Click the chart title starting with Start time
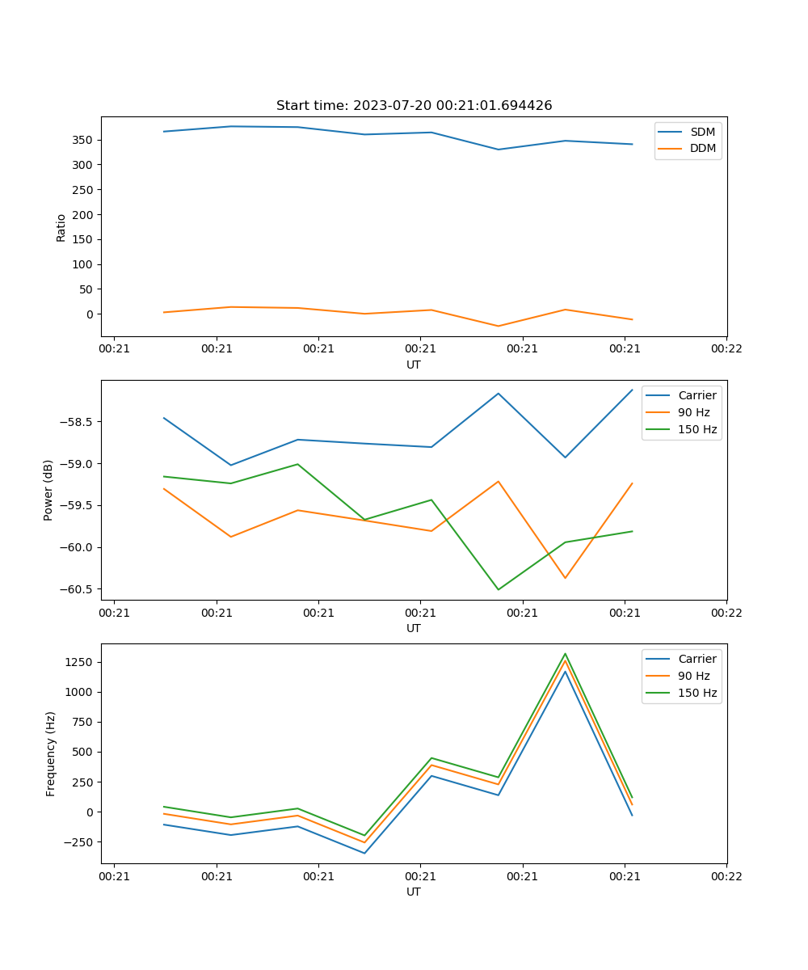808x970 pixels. (414, 106)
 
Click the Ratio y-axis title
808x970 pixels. (61, 227)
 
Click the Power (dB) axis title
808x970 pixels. (48, 490)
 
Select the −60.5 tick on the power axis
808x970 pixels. (77, 589)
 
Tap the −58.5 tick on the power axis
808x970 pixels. (77, 422)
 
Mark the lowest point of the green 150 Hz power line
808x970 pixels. (498, 589)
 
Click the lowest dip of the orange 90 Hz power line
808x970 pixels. (565, 578)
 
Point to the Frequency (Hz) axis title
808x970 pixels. (51, 753)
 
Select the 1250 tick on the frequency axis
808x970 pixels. (81, 662)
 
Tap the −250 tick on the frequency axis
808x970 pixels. (80, 841)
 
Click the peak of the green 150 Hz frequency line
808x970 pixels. (565, 654)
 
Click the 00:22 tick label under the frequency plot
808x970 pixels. (726, 876)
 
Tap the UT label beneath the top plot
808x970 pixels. (414, 365)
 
